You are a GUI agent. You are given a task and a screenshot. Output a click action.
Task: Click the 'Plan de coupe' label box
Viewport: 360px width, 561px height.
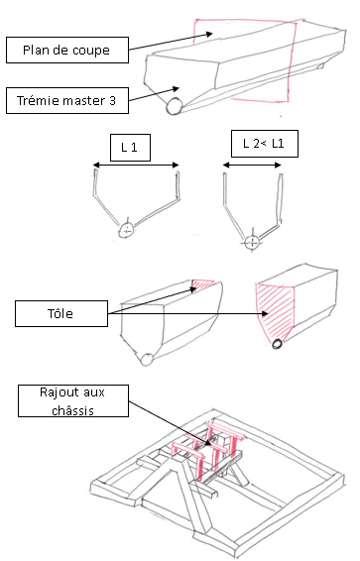[67, 51]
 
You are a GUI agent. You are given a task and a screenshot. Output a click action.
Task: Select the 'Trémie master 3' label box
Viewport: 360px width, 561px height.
[67, 100]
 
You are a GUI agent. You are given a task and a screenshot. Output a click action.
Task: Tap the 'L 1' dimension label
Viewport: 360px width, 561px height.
[130, 148]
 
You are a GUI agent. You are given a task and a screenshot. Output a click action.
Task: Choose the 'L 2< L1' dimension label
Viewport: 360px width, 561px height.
[265, 144]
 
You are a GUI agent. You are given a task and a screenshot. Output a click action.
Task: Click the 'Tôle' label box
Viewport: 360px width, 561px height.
[61, 313]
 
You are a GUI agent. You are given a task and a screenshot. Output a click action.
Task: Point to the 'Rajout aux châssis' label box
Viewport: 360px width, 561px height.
[73, 400]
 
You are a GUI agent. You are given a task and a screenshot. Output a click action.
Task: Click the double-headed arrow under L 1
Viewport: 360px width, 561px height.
[136, 165]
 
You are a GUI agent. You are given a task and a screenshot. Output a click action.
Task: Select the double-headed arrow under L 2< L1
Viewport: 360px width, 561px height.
[252, 165]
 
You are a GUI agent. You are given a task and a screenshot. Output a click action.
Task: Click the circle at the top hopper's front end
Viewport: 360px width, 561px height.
[175, 106]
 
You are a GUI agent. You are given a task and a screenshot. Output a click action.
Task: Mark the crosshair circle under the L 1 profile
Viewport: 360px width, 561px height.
[127, 231]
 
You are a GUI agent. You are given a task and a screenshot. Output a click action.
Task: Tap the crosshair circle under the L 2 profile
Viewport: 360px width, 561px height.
[252, 242]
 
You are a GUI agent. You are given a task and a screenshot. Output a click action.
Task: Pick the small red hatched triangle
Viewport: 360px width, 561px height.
[201, 284]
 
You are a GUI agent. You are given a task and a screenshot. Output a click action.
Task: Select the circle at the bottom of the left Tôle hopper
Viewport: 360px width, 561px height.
[147, 360]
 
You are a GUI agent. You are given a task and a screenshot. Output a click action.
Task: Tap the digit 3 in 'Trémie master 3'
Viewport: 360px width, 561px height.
[112, 100]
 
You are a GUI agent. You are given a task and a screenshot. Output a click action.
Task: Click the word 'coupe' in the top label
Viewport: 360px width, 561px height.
[91, 51]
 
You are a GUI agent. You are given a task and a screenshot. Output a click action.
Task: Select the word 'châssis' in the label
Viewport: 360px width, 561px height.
[73, 410]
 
